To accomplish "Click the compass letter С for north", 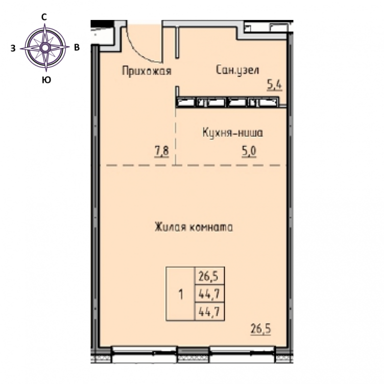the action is pos(44,17).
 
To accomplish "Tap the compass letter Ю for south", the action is pos(46,79).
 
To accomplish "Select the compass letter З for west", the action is pos(13,48).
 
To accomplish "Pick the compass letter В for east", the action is pos(76,47).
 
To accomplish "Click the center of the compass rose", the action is pos(45,48).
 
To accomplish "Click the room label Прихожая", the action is pos(146,71).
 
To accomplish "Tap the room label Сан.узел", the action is pos(237,70).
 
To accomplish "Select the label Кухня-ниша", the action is pos(232,132).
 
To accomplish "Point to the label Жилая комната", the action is pos(193,227).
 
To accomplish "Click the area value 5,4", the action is pos(274,85).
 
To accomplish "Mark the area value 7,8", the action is pos(161,151).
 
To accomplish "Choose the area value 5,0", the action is pos(249,151).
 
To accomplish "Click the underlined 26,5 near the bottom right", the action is pos(260,329).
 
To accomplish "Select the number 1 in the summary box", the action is pos(180,294).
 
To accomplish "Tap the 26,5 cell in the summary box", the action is pos(209,276).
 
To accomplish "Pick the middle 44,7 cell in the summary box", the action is pos(209,293).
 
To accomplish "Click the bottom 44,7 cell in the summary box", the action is pos(209,311).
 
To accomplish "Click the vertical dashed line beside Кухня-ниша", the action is pos(176,136).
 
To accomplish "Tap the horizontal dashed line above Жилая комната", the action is pos(193,165).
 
